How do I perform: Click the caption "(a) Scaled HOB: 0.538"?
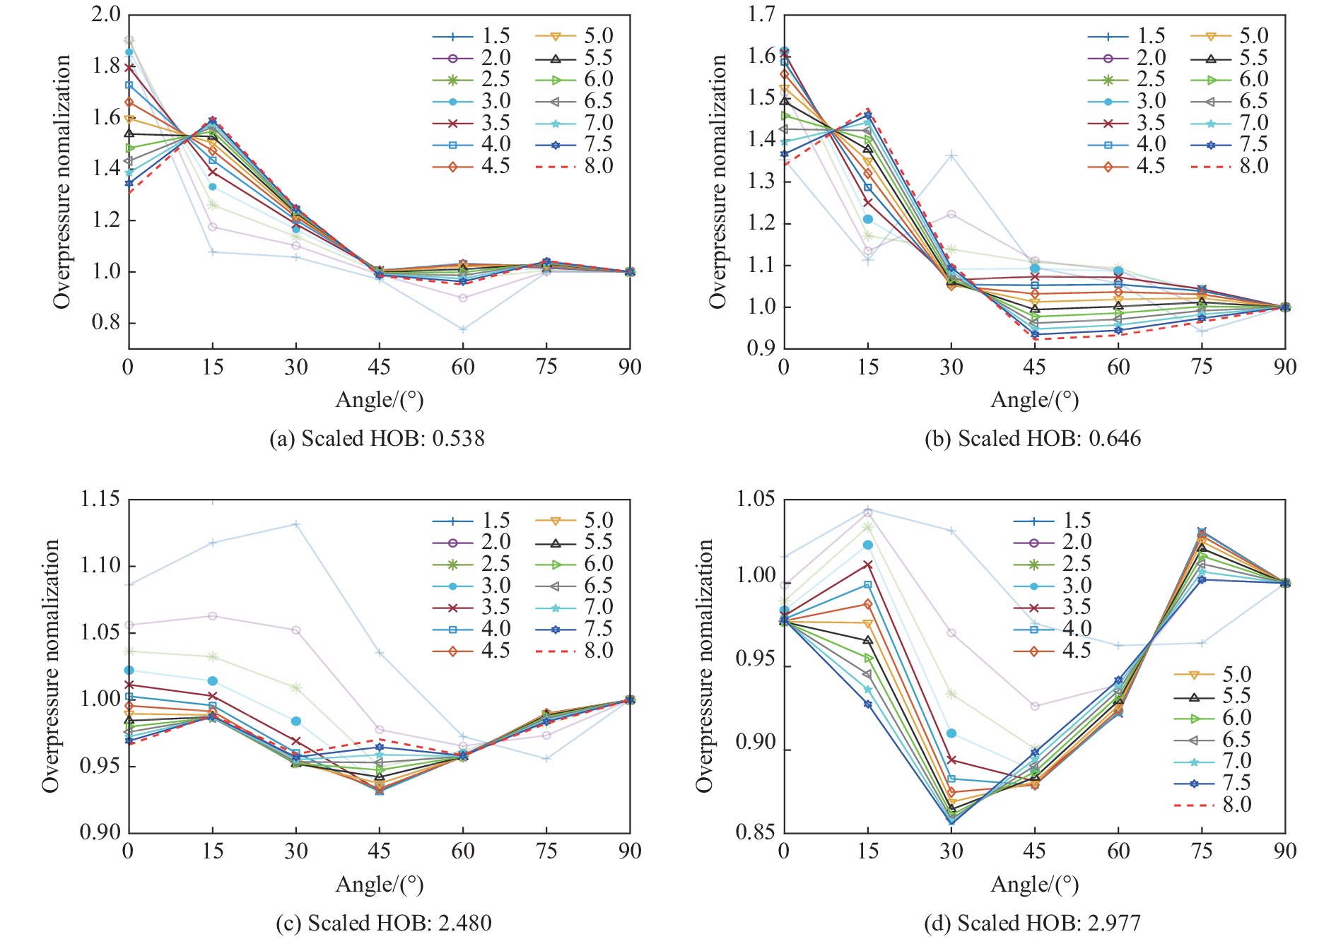click(377, 439)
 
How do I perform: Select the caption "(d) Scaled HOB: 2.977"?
click(1032, 923)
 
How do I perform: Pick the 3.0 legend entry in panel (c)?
click(471, 586)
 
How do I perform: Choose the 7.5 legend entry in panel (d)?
click(1212, 783)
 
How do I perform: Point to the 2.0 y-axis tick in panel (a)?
click(105, 14)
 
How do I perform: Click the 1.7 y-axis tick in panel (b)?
click(761, 14)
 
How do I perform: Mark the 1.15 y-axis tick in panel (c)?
click(100, 500)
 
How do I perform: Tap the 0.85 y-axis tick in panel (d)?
click(755, 832)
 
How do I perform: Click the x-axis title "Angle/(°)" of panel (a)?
click(379, 400)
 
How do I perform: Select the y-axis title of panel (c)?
click(50, 666)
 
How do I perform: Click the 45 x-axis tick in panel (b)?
click(1034, 367)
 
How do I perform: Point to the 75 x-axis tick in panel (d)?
click(1201, 851)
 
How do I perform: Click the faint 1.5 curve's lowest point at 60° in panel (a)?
click(463, 329)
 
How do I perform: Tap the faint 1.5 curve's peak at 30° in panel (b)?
click(951, 155)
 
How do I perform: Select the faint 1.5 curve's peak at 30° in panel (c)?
click(296, 524)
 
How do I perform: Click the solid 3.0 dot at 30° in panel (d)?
click(951, 733)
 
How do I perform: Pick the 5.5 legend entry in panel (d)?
click(1212, 697)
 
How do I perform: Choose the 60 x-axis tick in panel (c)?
click(463, 851)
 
